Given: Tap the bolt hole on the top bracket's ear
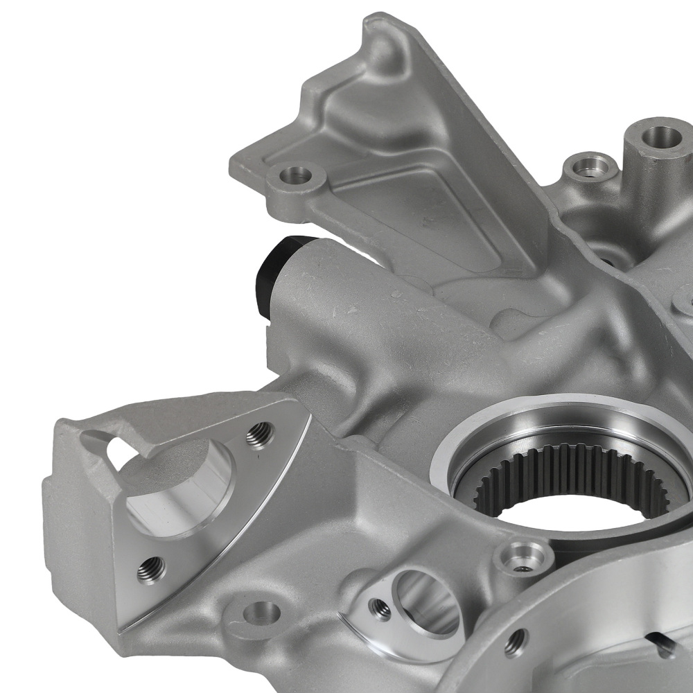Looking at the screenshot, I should coord(297,175).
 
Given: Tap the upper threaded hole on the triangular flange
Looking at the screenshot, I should coord(260,435).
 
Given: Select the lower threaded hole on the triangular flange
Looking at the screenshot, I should coord(151,569).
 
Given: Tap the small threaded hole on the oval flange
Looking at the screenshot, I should coord(380,608).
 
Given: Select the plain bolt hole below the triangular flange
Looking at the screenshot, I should coord(261,613).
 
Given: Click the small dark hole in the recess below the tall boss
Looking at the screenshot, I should coord(608,262).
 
